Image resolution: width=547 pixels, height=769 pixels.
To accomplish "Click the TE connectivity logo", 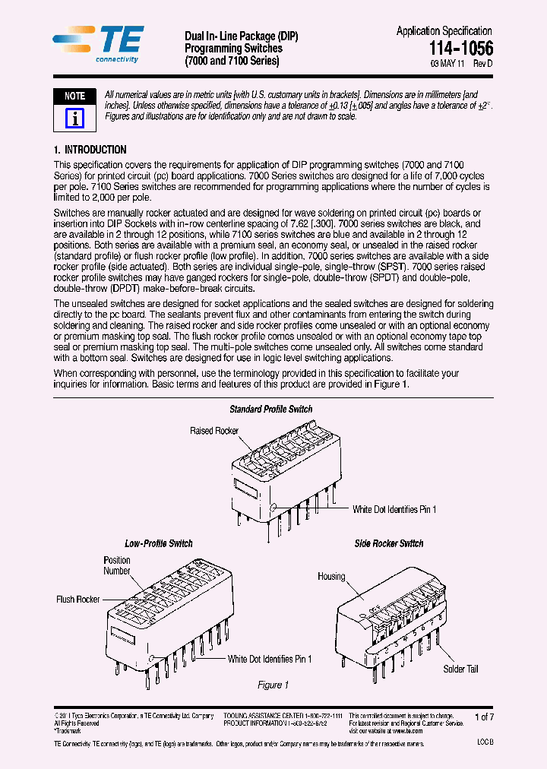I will click(x=98, y=43).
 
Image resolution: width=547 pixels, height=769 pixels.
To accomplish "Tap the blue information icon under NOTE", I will click(x=74, y=118).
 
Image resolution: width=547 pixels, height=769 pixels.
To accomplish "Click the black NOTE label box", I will click(x=74, y=97).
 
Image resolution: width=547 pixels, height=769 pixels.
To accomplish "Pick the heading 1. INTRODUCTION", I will click(x=90, y=150).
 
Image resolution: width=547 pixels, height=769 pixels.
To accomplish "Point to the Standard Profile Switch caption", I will click(x=271, y=409).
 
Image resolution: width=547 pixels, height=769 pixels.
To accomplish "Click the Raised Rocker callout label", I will click(x=213, y=431).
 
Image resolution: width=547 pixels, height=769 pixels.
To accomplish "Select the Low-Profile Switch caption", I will click(x=159, y=543).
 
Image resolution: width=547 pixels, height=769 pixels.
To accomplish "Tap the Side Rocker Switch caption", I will click(x=389, y=543).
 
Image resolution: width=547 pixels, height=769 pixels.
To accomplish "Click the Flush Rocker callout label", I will click(x=77, y=600).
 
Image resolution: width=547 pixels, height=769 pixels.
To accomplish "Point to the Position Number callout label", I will click(x=117, y=565).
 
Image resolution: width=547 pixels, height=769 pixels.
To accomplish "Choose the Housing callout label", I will click(x=331, y=576).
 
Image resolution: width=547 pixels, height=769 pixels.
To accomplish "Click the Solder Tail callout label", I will click(x=461, y=669).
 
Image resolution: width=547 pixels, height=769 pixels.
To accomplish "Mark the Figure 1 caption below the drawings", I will click(x=273, y=685).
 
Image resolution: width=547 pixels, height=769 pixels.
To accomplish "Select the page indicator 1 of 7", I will click(x=484, y=717).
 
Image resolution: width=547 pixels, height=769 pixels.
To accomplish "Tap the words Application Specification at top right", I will click(x=444, y=31).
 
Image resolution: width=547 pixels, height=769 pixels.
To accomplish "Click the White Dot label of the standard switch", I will click(x=394, y=509).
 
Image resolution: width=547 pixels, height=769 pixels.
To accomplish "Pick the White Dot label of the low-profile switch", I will click(x=270, y=659).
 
